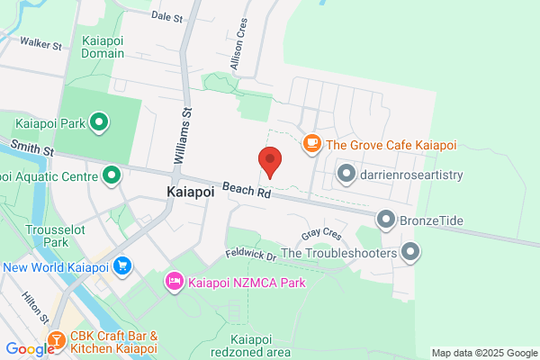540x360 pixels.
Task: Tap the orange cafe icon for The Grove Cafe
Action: (312, 144)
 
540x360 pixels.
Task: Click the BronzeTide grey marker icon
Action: (386, 218)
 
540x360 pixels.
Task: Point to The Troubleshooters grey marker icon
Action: (410, 253)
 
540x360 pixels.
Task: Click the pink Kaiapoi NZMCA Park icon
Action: (174, 283)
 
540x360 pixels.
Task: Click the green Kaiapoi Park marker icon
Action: (100, 121)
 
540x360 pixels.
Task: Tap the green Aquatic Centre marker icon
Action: (112, 175)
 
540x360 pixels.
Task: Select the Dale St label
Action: (166, 16)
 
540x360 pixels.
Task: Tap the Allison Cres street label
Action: (238, 49)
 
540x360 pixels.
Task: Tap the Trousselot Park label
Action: (48, 236)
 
